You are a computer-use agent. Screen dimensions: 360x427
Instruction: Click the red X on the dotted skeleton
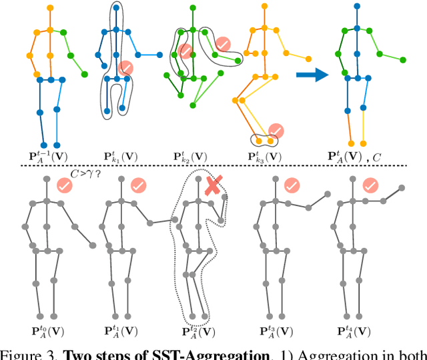(x=212, y=187)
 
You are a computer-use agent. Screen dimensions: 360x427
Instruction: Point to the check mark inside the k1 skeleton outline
(x=125, y=67)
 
